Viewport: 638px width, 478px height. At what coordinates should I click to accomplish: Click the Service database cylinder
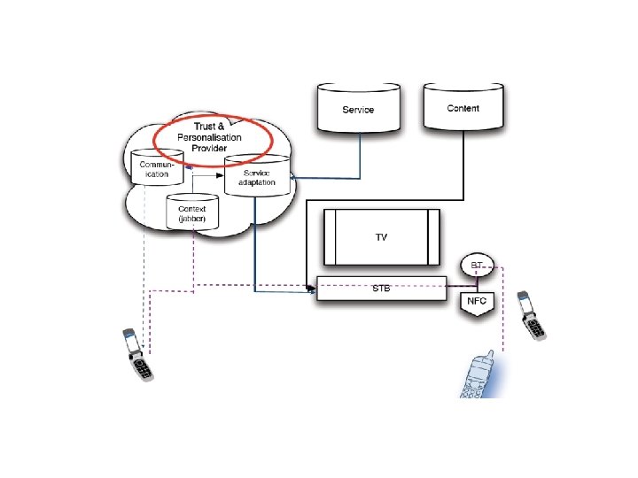[358, 109]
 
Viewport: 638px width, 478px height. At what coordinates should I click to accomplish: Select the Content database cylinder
[463, 108]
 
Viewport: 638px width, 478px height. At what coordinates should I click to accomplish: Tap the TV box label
[381, 237]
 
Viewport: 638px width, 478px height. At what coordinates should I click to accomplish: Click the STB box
[381, 289]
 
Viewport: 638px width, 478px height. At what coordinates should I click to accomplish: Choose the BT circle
[477, 265]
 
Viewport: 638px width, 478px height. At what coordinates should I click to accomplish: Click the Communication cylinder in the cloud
[156, 167]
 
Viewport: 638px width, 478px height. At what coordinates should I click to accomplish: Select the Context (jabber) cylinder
[192, 212]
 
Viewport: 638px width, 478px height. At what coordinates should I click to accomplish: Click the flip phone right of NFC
[532, 315]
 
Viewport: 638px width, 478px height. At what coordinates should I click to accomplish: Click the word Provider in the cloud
[209, 148]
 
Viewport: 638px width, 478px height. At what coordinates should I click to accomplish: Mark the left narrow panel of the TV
[330, 236]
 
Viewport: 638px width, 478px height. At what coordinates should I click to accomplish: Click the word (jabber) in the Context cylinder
[192, 219]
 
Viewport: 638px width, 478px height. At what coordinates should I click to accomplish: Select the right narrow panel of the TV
[433, 236]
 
